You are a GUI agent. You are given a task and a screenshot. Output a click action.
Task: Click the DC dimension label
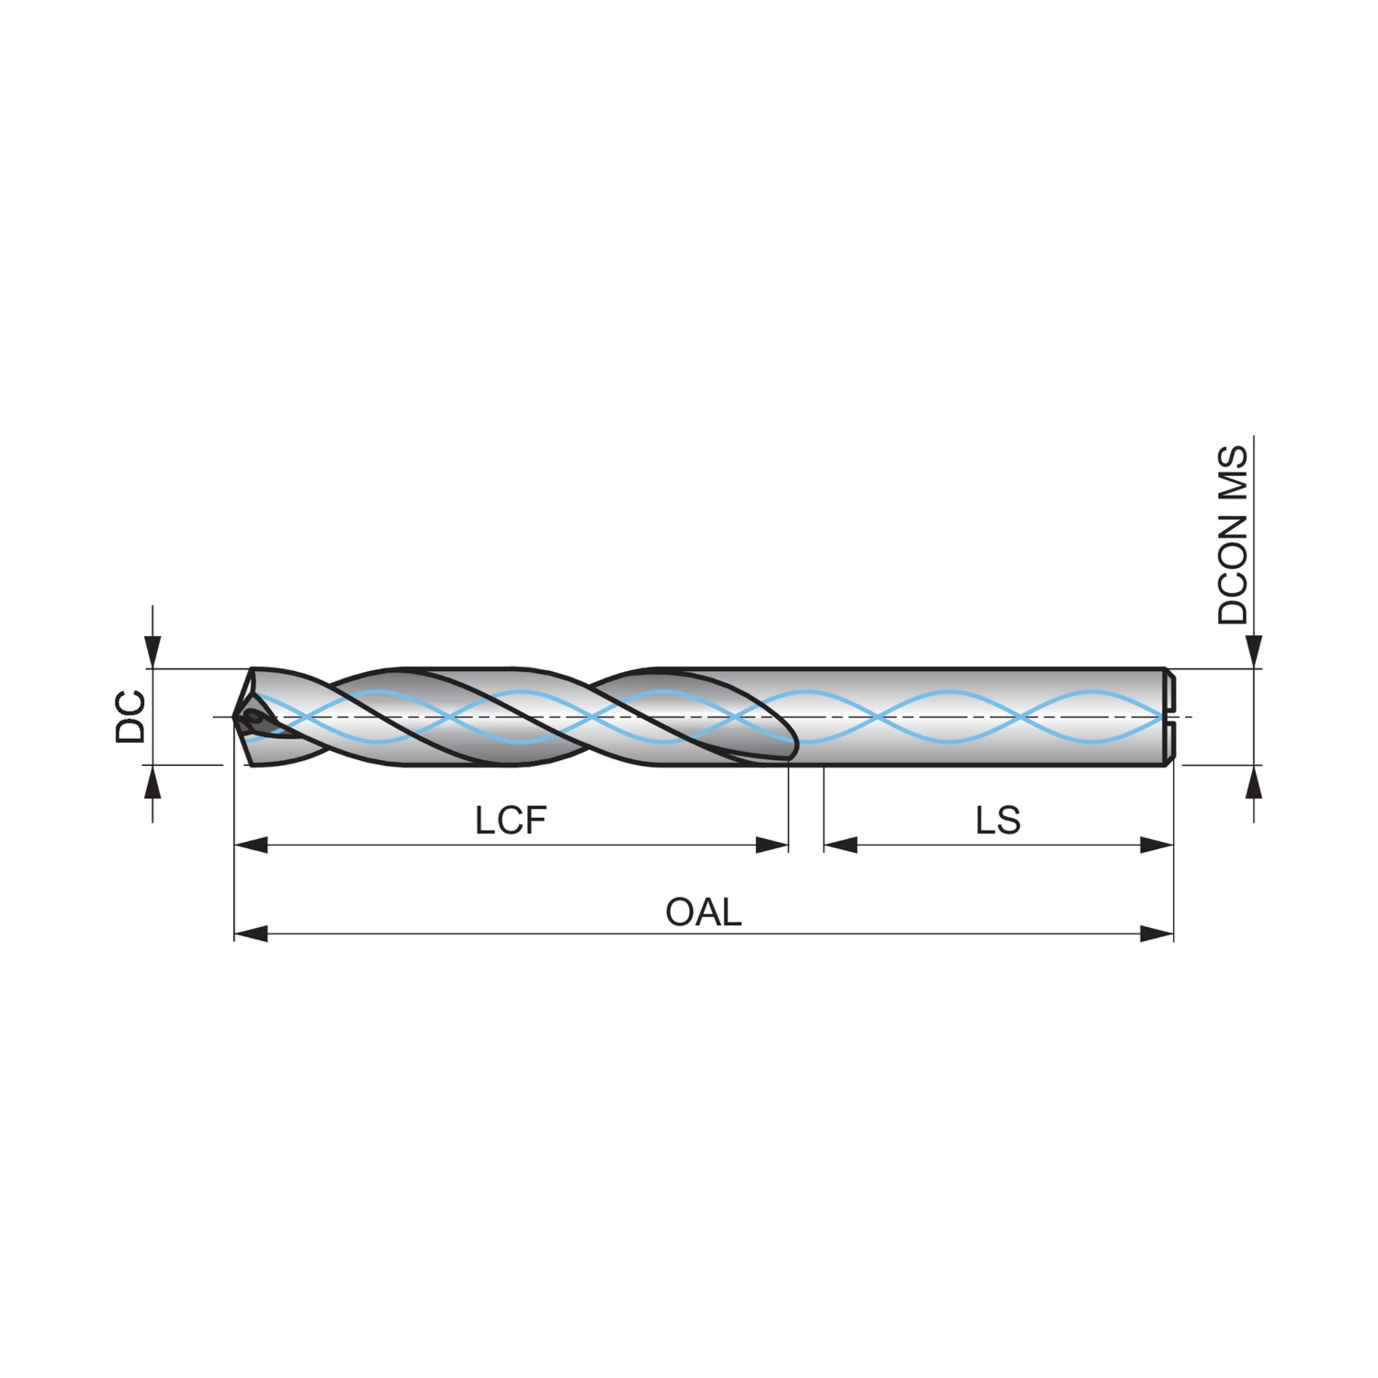[131, 716]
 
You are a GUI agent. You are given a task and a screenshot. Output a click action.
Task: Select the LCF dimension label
[510, 820]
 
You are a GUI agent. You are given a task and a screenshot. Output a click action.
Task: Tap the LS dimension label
[998, 820]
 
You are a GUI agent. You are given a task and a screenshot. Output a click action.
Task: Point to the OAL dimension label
[703, 912]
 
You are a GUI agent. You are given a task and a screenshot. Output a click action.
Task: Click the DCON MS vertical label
[1234, 535]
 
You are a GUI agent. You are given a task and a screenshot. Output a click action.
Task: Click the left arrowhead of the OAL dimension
[250, 934]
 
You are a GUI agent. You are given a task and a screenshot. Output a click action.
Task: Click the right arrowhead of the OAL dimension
[1157, 934]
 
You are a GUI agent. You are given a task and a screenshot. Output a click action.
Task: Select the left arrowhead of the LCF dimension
[250, 845]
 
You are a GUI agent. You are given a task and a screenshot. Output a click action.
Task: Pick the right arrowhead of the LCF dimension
[772, 845]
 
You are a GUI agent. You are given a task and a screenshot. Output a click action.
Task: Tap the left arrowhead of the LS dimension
[840, 845]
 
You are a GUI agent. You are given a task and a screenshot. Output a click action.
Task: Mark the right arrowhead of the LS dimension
[1157, 845]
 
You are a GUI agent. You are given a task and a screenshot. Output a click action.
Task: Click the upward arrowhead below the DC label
[153, 782]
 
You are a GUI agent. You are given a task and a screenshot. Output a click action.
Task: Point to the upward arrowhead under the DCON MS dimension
[1254, 782]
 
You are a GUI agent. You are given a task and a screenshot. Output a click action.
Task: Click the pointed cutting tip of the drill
[237, 716]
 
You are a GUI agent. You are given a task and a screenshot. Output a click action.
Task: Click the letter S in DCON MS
[1234, 459]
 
